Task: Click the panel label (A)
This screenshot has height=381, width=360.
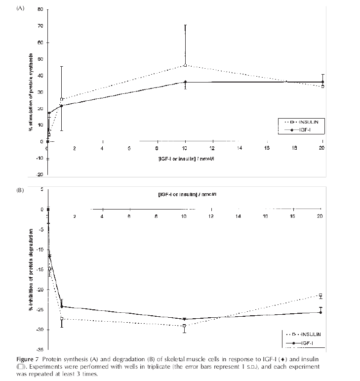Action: (x=21, y=8)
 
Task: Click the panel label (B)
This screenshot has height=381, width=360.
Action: (x=21, y=189)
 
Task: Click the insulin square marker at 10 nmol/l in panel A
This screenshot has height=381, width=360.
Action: (x=185, y=65)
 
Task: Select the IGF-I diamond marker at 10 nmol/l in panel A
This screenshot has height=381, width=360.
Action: (x=185, y=82)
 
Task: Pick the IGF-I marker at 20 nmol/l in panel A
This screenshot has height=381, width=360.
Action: (x=322, y=82)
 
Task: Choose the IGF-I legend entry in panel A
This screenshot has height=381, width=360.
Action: (x=302, y=129)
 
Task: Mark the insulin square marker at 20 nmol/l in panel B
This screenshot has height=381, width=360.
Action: (x=320, y=296)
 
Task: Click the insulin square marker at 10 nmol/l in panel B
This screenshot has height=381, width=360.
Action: (x=184, y=326)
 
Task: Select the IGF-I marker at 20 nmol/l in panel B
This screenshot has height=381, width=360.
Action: (x=320, y=312)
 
